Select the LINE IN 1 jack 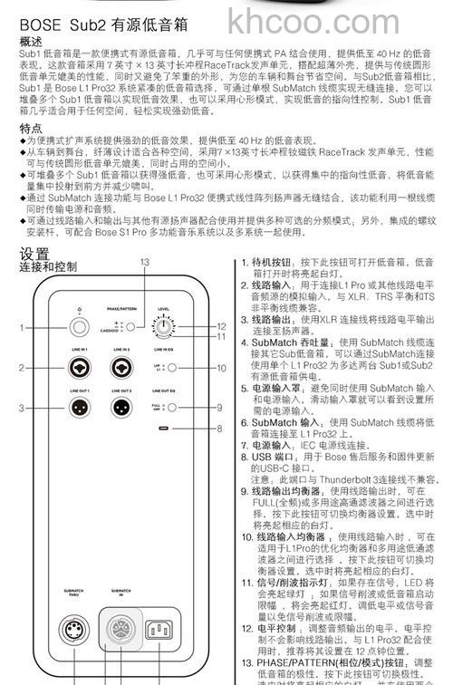point(79,368)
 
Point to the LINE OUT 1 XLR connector point(79,407)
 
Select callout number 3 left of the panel point(22,408)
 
